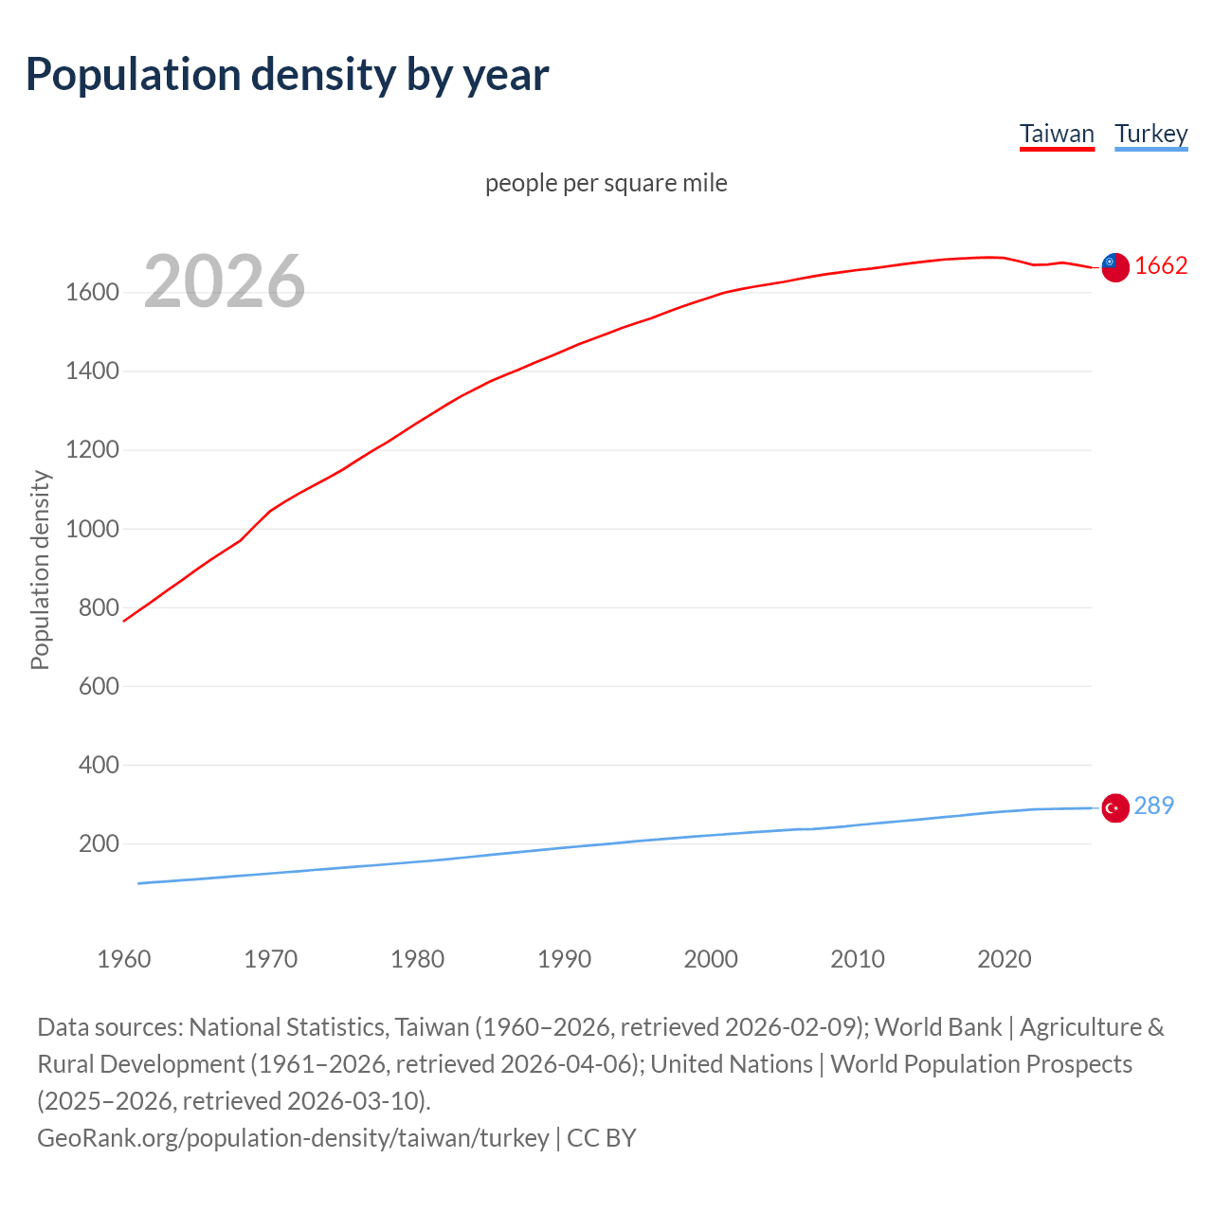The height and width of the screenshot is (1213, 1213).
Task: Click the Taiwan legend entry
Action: tap(1057, 134)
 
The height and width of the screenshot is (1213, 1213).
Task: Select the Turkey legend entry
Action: tap(1150, 134)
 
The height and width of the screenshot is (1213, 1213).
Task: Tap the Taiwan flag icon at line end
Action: tap(1115, 267)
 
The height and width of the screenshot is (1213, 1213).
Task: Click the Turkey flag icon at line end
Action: tap(1115, 807)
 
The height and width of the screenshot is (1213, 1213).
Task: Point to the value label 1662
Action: tap(1161, 266)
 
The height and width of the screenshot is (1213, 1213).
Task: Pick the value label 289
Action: tap(1153, 806)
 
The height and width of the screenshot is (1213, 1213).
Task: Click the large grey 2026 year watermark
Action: tap(225, 281)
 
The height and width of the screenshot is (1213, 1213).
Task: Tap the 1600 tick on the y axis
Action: tap(92, 292)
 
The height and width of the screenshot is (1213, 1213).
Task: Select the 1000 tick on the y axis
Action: tap(92, 529)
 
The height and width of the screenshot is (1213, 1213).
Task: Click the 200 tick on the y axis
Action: tap(99, 843)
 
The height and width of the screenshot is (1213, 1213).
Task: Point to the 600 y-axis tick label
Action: tap(99, 686)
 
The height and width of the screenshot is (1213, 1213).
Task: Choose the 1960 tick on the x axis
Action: tap(124, 959)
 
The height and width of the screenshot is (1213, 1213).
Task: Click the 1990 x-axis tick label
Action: tap(564, 959)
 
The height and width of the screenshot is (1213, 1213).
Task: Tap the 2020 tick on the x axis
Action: tap(1004, 959)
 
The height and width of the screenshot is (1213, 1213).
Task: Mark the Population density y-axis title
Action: tap(40, 570)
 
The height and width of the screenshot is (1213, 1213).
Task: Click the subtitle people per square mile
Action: tap(606, 183)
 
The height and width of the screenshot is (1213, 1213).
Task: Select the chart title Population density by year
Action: tap(287, 75)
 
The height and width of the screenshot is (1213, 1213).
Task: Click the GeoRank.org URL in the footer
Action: tap(293, 1137)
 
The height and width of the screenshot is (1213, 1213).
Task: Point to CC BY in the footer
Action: tap(601, 1137)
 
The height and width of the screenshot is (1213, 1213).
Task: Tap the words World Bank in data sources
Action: tap(937, 1027)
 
